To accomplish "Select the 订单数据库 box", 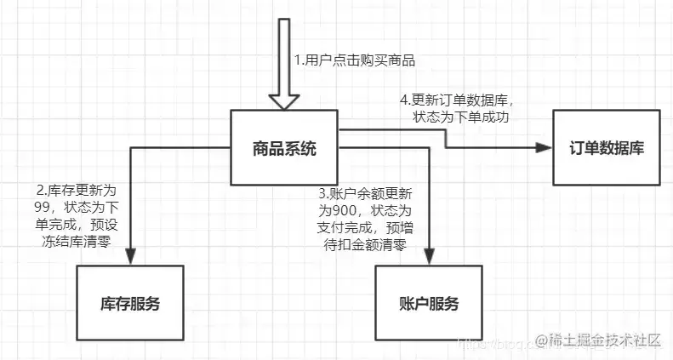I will pos(607,148).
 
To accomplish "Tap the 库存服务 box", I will pos(129,304).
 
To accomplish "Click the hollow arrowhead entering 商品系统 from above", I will pos(284,99).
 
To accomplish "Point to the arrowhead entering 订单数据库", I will pos(543,148).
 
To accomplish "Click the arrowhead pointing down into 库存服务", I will pos(130,256).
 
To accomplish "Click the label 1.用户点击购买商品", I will pos(354,60).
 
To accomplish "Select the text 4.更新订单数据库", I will pos(458,98).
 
